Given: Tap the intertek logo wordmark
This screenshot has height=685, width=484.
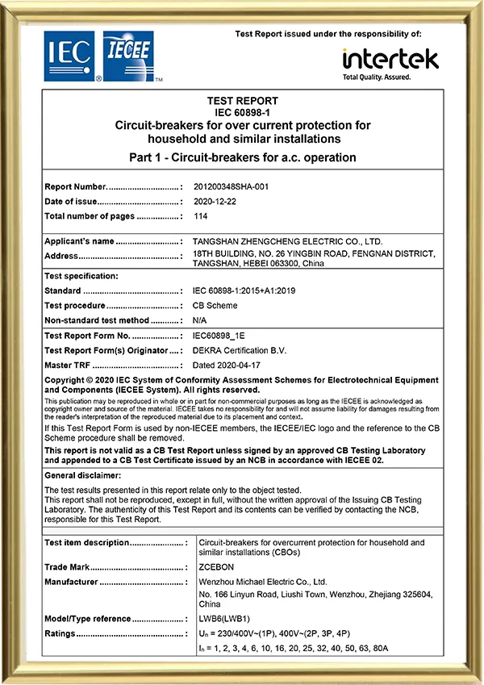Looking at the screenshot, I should [390, 59].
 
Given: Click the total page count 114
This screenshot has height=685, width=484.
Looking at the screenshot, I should [201, 216].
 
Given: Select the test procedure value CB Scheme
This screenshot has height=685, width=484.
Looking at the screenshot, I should [215, 306].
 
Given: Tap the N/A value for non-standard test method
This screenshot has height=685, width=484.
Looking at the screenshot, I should [200, 320].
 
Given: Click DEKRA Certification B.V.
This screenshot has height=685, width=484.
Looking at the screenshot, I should [240, 350].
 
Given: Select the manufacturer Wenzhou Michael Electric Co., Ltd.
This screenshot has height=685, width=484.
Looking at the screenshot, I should [262, 581].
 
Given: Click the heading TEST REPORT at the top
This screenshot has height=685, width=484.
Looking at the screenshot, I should [242, 101].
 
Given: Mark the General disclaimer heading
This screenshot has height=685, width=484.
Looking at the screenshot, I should [82, 475].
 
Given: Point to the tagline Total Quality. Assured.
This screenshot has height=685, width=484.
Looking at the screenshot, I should [377, 77].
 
